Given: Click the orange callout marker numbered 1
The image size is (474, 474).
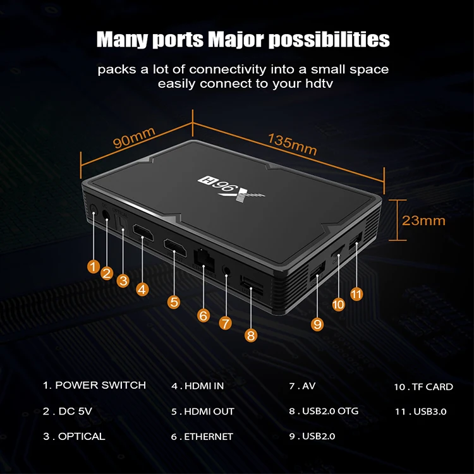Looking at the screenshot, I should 94,266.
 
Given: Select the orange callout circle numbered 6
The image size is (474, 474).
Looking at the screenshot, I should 203,314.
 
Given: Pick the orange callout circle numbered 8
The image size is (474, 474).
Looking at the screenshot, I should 251,336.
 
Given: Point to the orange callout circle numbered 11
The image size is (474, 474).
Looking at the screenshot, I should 356,293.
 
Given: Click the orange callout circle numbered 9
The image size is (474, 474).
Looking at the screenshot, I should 317,324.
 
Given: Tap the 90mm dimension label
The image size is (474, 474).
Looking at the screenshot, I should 134,138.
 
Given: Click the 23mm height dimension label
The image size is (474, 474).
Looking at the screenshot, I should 423,220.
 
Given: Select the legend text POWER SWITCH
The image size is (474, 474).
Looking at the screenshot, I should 100,385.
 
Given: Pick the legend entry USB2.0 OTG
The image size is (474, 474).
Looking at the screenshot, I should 329,411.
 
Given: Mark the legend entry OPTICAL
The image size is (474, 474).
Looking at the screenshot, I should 81,436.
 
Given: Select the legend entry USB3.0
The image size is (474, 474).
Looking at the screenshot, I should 430,411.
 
